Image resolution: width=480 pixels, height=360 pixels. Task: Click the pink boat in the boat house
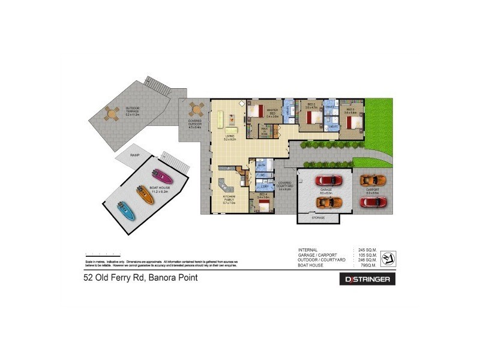click(x=163, y=177)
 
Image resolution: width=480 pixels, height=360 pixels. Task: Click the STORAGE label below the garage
click(x=319, y=218)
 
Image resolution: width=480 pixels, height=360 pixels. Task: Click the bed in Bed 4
click(x=263, y=208)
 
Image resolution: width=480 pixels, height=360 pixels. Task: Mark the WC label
click(x=262, y=176)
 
